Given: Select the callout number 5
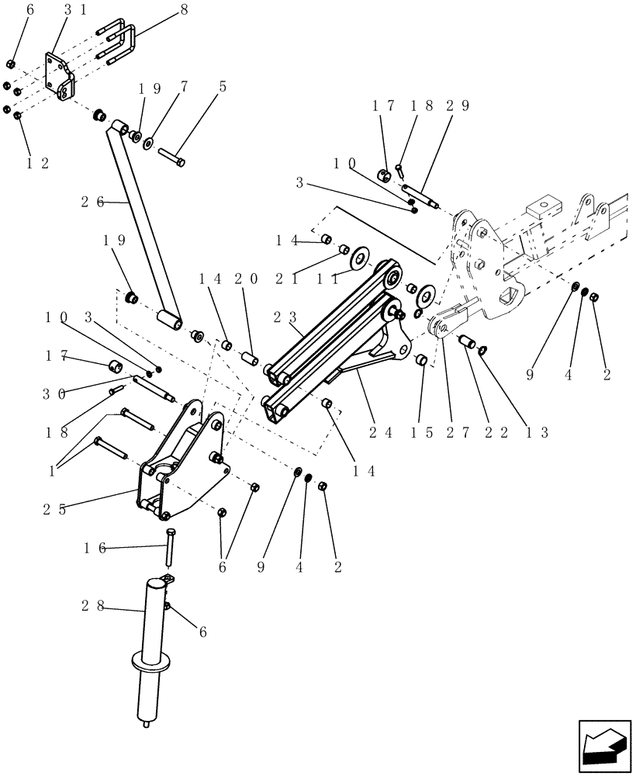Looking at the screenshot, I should point(223,87).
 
